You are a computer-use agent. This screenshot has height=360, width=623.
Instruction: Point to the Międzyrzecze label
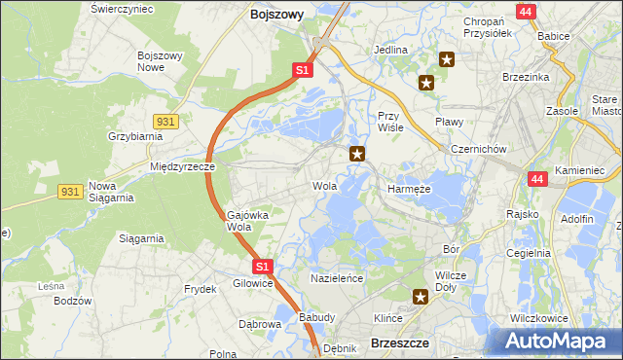click(182, 166)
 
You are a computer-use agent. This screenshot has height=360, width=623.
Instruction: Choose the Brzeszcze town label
click(400, 342)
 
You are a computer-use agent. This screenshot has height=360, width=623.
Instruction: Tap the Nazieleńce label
click(336, 278)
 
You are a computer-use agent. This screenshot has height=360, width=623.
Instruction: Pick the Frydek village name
click(200, 289)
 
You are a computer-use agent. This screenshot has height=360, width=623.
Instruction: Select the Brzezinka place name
click(527, 77)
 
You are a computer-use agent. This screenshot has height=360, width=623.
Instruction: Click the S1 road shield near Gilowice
click(261, 265)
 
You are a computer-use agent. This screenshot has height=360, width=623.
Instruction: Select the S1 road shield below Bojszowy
click(302, 71)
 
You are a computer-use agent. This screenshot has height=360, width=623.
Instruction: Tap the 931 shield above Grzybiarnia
click(165, 120)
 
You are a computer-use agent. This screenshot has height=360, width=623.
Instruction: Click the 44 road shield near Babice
click(526, 12)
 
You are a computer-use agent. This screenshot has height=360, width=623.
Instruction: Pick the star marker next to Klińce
click(421, 298)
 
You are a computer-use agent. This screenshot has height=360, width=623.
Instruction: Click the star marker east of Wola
click(358, 153)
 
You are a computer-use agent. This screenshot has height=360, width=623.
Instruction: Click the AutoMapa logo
click(557, 340)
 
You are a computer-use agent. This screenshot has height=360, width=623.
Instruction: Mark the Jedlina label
click(390, 50)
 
